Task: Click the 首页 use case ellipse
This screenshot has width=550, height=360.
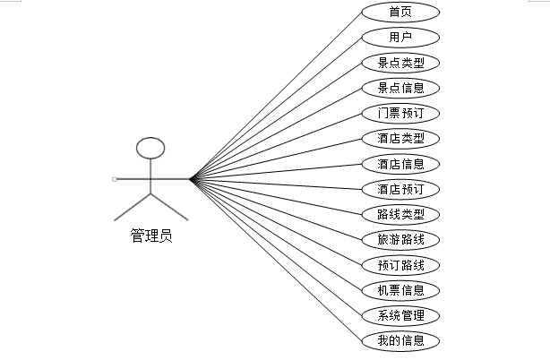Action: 400,12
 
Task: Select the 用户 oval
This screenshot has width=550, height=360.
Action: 400,37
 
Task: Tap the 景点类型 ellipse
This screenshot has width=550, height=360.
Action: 400,63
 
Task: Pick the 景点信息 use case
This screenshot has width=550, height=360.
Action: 400,88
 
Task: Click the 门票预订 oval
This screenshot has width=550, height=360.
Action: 400,113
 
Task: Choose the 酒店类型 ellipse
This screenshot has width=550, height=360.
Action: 400,139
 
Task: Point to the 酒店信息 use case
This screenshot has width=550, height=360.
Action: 400,164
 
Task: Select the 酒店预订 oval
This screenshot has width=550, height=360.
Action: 400,189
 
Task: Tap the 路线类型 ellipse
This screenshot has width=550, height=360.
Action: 400,215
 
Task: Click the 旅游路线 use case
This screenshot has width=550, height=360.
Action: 400,240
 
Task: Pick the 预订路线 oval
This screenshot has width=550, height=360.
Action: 400,265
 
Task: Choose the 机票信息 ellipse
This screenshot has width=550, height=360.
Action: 400,290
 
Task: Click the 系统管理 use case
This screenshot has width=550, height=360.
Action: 400,315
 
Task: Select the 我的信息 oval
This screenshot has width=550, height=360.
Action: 400,340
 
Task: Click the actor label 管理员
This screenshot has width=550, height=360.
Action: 151,236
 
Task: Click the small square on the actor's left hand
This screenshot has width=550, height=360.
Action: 115,179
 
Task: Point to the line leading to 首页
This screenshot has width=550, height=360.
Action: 276,96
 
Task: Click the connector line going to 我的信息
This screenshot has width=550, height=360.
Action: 276,260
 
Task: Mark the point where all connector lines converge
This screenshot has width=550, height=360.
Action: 190,179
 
